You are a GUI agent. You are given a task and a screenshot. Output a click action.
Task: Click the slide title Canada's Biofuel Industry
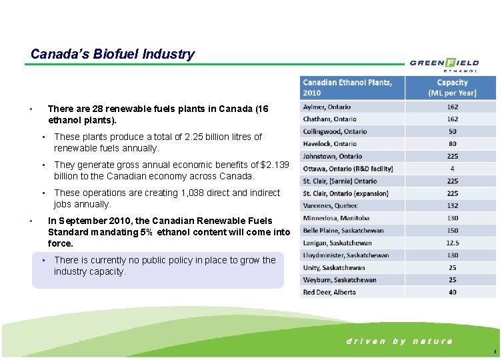tap(113, 54)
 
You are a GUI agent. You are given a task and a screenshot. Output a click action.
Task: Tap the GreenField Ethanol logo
tap(444, 64)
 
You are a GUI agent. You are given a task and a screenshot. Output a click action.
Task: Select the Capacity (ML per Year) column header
tap(452, 87)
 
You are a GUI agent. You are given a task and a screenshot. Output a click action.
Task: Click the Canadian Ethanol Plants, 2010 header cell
tap(353, 87)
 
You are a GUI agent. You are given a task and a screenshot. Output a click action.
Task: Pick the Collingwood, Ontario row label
tap(335, 131)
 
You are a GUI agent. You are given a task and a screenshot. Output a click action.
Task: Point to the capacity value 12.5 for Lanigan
tap(452, 243)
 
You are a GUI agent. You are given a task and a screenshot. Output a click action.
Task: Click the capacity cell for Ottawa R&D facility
tap(452, 169)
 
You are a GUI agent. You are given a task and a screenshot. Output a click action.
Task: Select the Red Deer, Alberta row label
tap(329, 292)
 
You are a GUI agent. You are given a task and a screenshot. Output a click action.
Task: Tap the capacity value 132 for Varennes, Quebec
tap(452, 205)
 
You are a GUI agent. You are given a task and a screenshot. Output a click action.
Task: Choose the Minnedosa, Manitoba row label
tap(336, 218)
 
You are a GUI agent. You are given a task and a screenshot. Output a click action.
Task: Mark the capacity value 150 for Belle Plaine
tap(452, 231)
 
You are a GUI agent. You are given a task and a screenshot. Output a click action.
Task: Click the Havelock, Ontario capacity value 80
tap(452, 143)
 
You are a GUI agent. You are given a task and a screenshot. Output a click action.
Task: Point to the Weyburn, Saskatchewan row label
tap(339, 280)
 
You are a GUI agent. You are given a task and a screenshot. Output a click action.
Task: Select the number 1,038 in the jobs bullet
tap(194, 193)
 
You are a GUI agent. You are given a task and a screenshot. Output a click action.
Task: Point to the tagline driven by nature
tap(399, 341)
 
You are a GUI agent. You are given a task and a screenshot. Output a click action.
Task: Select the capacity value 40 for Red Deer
tap(452, 292)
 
